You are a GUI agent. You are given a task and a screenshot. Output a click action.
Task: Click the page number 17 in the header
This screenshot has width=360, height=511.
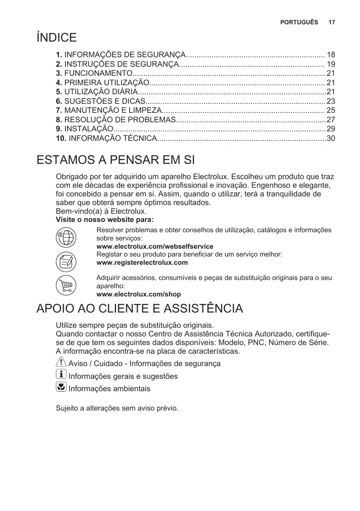click(x=332, y=22)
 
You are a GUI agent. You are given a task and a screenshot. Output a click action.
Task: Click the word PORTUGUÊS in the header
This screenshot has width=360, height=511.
click(x=299, y=22)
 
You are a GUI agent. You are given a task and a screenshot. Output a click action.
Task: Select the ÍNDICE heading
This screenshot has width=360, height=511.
click(x=56, y=38)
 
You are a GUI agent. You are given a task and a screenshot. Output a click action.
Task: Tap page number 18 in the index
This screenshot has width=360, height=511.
click(x=331, y=55)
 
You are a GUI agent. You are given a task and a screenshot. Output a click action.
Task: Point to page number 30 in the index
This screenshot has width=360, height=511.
click(x=331, y=138)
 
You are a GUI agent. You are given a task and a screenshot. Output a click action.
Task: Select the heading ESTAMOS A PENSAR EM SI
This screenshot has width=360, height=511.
click(x=115, y=160)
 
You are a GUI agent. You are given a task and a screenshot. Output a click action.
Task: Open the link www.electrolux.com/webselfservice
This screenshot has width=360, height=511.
click(x=155, y=247)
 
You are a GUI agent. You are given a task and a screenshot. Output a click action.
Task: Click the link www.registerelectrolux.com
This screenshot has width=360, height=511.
click(x=142, y=263)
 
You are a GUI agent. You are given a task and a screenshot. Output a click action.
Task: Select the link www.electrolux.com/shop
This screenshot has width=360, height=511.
click(x=138, y=294)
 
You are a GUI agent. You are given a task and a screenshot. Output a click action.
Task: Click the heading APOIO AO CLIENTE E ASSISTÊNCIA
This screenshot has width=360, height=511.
click(x=139, y=308)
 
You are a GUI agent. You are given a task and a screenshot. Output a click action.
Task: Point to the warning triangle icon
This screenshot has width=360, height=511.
click(x=60, y=362)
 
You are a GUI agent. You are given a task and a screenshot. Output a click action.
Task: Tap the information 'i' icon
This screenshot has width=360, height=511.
click(x=60, y=375)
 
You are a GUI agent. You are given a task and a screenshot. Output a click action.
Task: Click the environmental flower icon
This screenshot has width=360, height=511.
click(x=60, y=387)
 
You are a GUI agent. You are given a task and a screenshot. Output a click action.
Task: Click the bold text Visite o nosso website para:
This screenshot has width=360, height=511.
click(x=105, y=220)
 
